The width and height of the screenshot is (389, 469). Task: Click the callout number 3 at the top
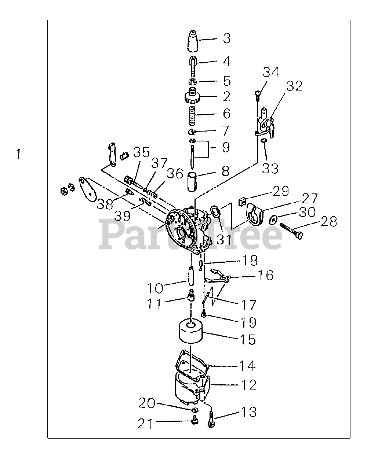point(227,38)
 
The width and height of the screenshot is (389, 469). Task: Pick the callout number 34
point(271,72)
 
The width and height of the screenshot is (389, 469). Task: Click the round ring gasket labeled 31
point(215,211)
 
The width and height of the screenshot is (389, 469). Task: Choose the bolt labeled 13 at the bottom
point(211,418)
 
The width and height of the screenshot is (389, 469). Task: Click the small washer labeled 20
point(194,409)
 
